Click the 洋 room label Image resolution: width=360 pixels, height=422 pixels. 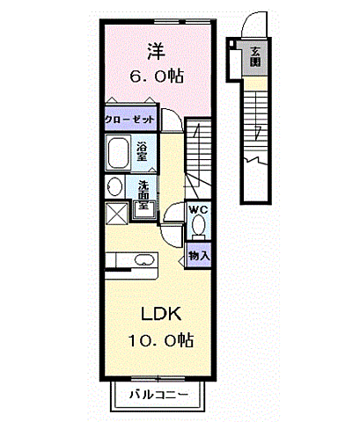(157, 52)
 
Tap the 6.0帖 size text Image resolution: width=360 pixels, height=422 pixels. (157, 76)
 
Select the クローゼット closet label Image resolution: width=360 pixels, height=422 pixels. (129, 120)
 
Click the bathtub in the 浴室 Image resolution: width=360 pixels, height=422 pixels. (118, 152)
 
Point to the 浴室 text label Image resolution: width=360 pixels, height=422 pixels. (142, 151)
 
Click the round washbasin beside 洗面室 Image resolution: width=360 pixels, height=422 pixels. (114, 186)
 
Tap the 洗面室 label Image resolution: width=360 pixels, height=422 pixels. (143, 194)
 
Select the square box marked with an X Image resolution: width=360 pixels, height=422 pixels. (116, 214)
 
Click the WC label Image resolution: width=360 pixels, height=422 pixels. (199, 209)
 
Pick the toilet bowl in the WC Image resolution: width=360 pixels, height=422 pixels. (199, 225)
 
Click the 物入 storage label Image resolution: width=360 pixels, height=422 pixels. (199, 256)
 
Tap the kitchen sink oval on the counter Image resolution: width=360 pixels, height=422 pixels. (144, 259)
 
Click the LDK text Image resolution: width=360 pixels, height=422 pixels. (161, 314)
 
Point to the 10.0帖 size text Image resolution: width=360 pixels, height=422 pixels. (161, 340)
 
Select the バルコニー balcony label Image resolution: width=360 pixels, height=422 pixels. (158, 395)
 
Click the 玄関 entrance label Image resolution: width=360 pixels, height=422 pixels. (255, 56)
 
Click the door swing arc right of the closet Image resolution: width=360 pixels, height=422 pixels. (174, 116)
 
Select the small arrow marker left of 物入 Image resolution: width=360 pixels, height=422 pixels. (181, 259)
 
